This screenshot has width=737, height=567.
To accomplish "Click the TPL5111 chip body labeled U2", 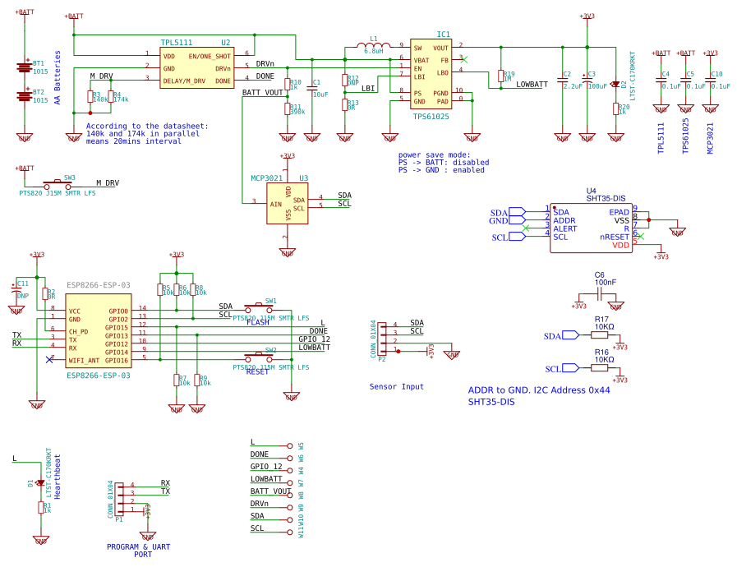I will (x=197, y=67).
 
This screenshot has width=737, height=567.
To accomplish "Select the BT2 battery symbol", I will (x=25, y=97).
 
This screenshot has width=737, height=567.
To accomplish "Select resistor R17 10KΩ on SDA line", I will (x=601, y=335).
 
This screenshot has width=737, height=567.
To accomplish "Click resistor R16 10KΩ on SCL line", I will (x=601, y=368).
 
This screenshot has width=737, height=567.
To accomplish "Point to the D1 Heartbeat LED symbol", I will (x=40, y=483).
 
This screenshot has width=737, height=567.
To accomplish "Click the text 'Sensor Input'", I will (x=397, y=386).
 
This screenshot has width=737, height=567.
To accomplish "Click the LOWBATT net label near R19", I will (x=532, y=85).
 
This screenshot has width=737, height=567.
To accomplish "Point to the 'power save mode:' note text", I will (x=434, y=154).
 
